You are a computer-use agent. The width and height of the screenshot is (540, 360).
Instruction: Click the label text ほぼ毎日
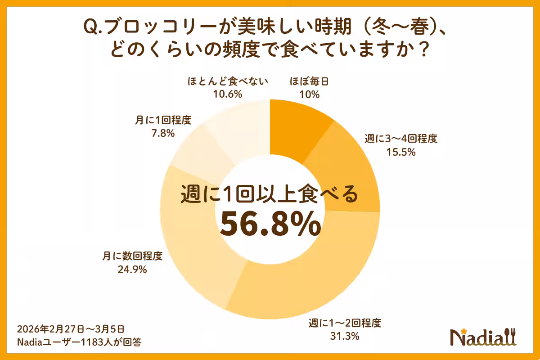pyautogui.click(x=309, y=82)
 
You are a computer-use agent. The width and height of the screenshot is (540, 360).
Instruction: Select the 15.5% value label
pyautogui.click(x=400, y=152)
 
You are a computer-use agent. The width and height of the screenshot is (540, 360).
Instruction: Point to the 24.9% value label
pyautogui.click(x=132, y=270)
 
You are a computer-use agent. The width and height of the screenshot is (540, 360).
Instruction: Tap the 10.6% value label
pyautogui.click(x=228, y=94)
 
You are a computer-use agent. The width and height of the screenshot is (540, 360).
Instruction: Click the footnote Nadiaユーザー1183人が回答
pyautogui.click(x=79, y=342)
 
